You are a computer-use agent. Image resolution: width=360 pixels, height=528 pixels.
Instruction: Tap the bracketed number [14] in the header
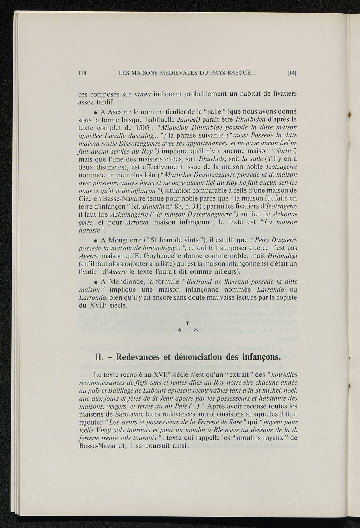click(292, 74)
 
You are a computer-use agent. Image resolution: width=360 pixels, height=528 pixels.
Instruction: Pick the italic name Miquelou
click(174, 127)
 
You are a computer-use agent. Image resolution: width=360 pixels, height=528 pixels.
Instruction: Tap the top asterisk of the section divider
click(187, 323)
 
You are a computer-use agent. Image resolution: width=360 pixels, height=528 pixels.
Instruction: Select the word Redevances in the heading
click(138, 357)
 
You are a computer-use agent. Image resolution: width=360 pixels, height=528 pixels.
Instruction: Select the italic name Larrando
click(270, 290)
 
